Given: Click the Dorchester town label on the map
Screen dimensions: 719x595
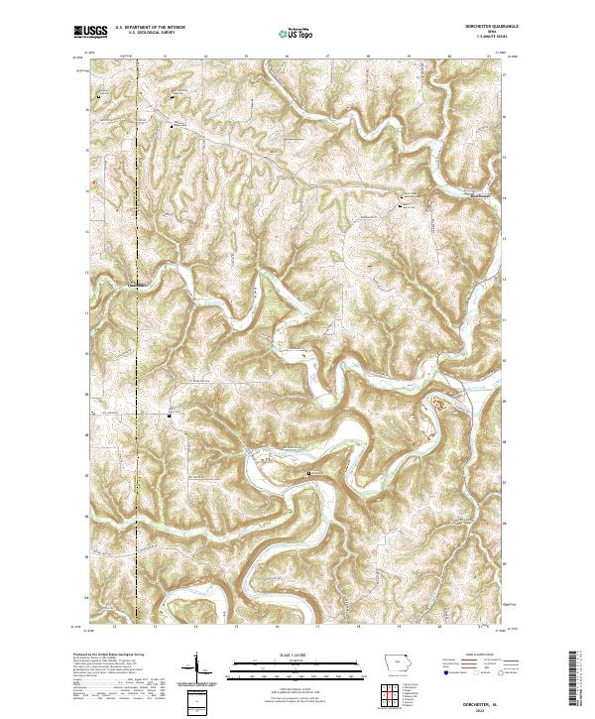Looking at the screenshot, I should [x=480, y=195].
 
